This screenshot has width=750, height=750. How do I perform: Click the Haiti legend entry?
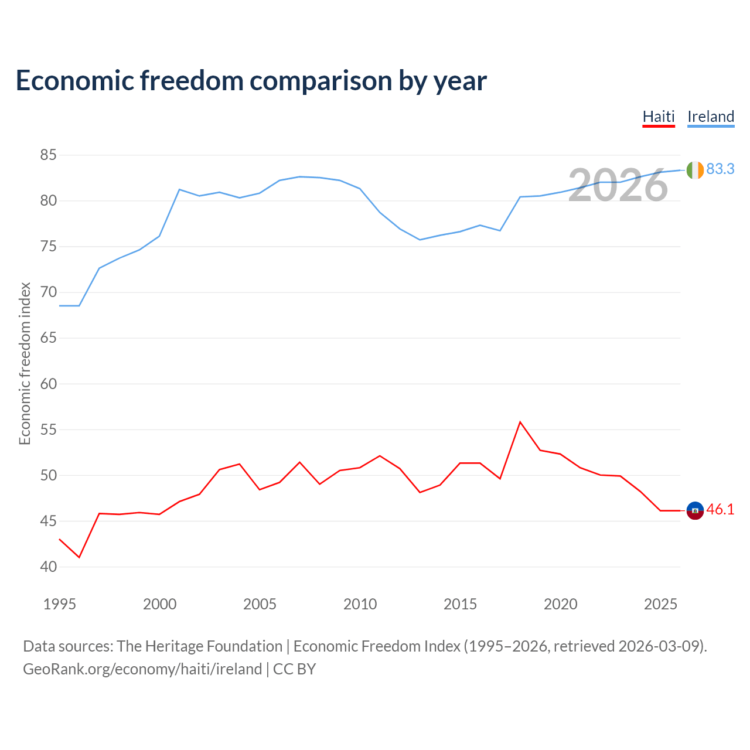click(x=659, y=117)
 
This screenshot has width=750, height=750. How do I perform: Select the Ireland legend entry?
click(x=711, y=117)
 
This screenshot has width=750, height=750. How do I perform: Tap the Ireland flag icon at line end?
click(x=695, y=170)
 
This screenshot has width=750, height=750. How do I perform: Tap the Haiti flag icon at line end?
click(x=695, y=510)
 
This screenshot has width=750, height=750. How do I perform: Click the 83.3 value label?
click(x=721, y=169)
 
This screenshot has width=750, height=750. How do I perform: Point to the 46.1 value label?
click(x=721, y=509)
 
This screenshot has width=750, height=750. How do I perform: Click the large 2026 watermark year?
click(x=618, y=185)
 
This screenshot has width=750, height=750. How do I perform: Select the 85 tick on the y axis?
click(x=48, y=155)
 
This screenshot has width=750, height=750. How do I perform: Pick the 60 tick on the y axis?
click(x=48, y=384)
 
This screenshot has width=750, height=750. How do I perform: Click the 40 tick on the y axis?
click(x=48, y=567)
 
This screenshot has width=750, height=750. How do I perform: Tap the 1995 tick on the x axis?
click(x=60, y=604)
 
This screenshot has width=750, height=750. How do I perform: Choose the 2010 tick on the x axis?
click(x=360, y=604)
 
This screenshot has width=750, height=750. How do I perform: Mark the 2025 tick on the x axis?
click(x=660, y=604)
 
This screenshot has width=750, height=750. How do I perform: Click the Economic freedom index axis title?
click(x=25, y=363)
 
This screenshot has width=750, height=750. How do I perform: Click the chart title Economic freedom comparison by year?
click(x=251, y=81)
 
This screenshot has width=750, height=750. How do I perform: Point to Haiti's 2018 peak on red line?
click(x=520, y=422)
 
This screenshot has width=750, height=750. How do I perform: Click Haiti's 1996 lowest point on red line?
click(x=80, y=557)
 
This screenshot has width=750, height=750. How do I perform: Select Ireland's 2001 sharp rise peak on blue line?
click(x=179, y=189)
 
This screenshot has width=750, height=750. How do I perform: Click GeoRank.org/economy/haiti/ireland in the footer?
click(x=142, y=670)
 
